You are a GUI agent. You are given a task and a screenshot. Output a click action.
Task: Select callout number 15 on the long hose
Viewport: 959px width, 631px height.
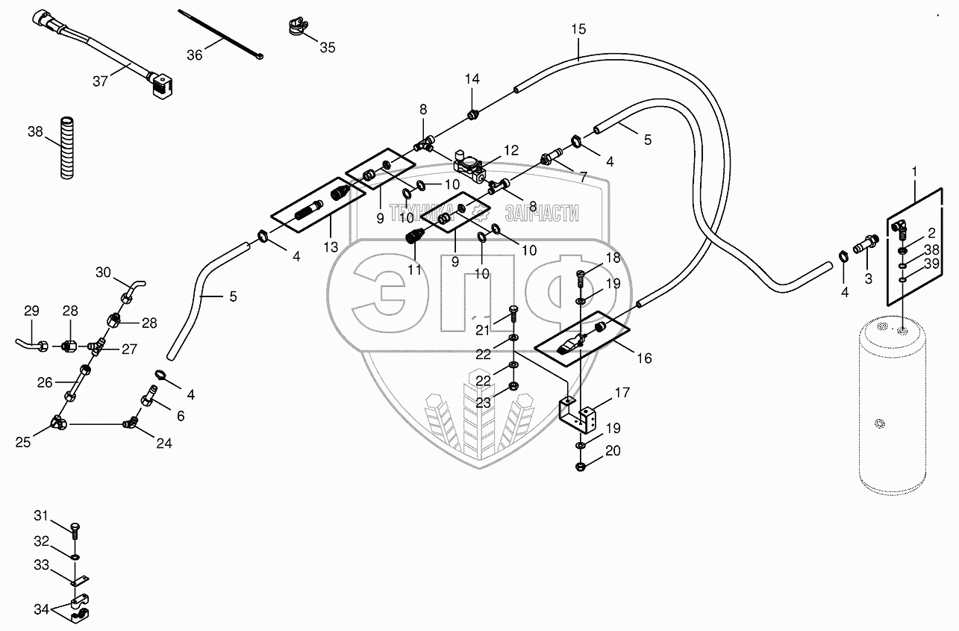(x=579, y=30)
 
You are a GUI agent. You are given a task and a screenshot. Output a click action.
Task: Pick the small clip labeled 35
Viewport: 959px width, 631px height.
(x=296, y=28)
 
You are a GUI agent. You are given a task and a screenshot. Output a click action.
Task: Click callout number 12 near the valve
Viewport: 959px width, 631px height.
(x=510, y=150)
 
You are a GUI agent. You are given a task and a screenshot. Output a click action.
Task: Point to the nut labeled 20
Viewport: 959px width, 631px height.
(x=581, y=467)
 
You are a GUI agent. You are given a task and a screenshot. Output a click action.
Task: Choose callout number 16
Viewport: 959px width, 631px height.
(x=643, y=358)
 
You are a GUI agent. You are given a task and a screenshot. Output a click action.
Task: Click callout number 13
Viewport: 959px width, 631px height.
(x=331, y=246)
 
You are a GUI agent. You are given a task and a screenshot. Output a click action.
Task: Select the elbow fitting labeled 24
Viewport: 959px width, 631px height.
(x=131, y=424)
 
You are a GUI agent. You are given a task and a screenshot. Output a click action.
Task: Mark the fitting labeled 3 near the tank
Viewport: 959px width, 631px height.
(x=867, y=243)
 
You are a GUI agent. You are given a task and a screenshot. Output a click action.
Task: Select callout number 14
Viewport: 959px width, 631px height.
(x=472, y=78)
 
